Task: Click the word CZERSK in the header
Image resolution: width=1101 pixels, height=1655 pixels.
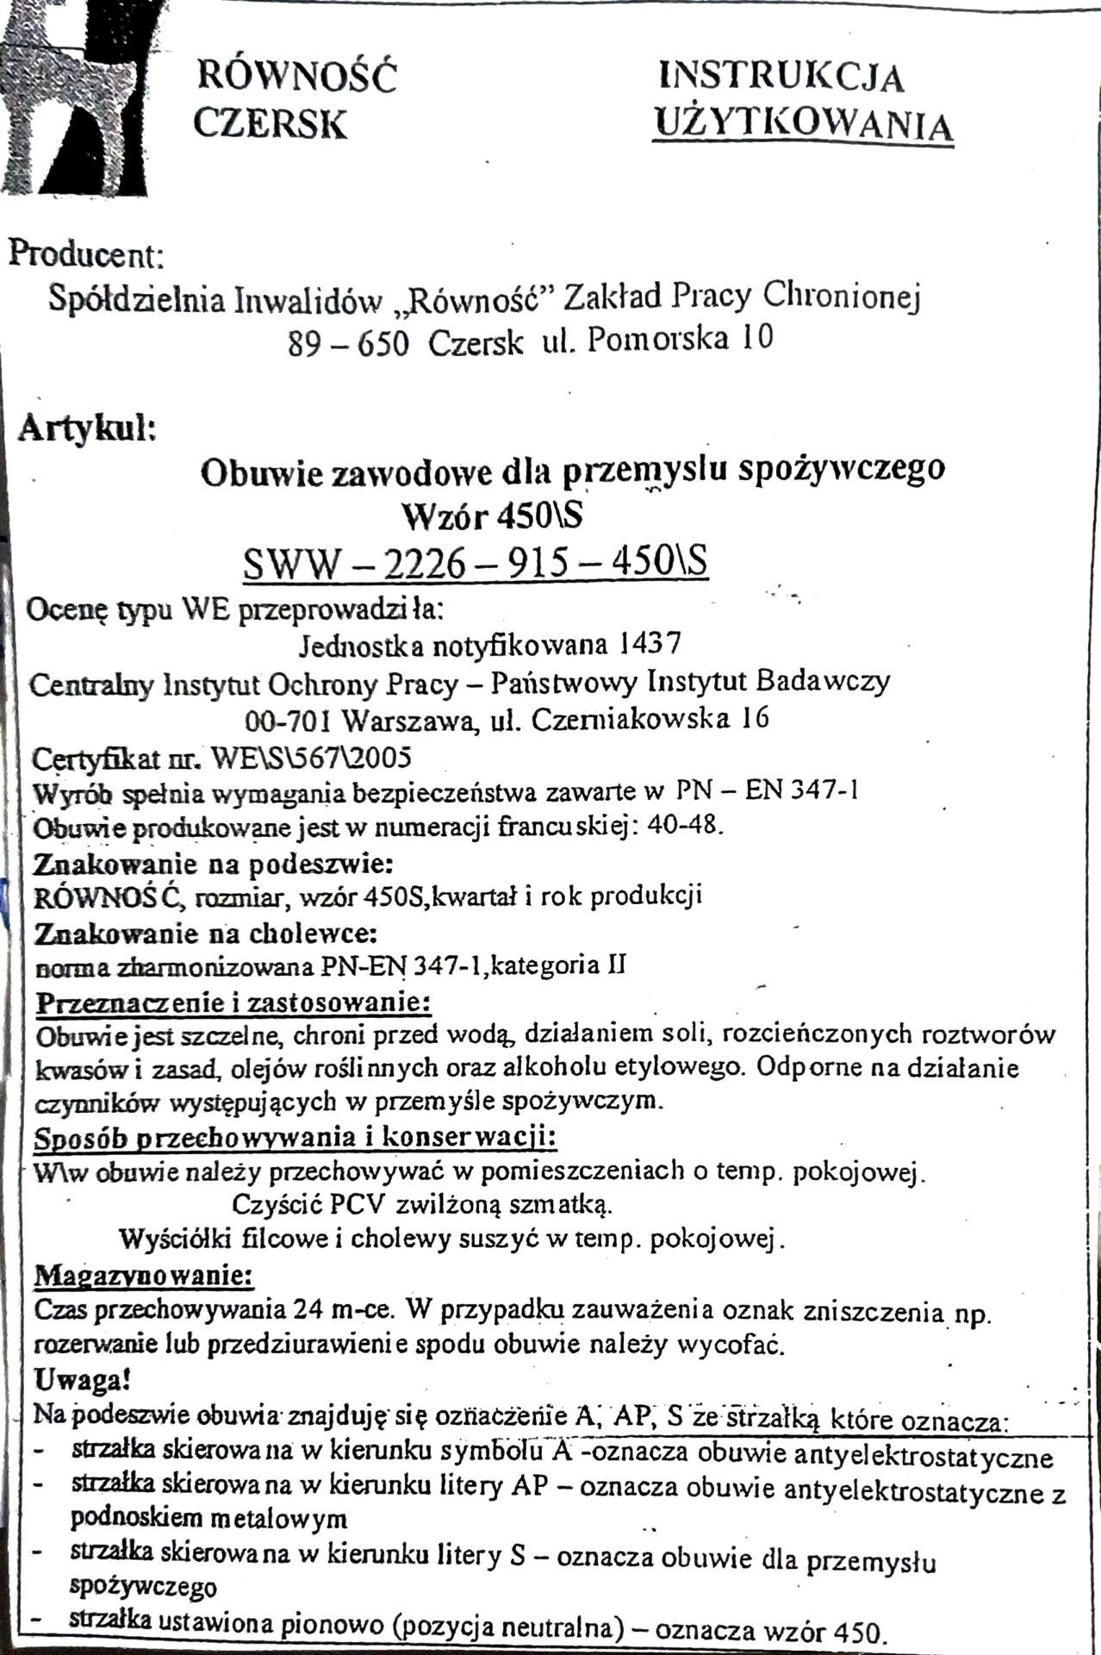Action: [x=270, y=123]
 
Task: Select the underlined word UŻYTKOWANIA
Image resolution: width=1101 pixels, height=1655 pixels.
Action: [x=803, y=125]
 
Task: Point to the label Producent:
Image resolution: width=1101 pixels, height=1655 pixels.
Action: [x=85, y=255]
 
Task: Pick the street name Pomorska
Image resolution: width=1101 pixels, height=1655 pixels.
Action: [x=660, y=340]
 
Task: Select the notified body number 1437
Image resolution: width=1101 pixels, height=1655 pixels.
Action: [x=650, y=643]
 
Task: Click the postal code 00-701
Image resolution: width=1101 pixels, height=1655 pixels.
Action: [x=288, y=720]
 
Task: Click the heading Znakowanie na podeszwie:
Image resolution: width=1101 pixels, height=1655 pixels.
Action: [x=214, y=863]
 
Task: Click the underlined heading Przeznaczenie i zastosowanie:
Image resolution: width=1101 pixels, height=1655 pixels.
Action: [x=233, y=1002]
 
